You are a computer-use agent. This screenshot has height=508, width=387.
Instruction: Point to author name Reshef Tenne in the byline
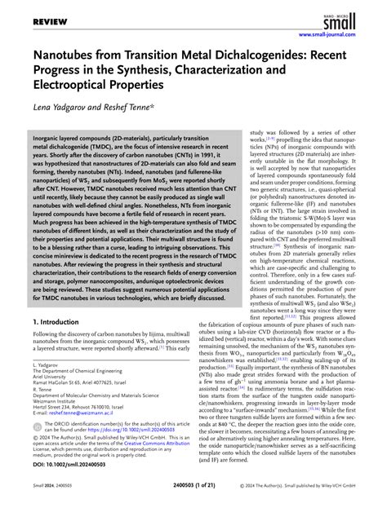tap(130, 106)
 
